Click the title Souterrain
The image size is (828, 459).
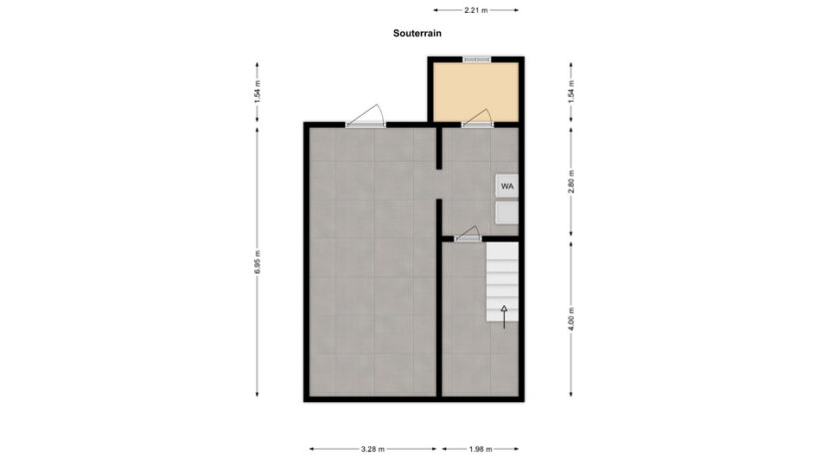[x=416, y=33]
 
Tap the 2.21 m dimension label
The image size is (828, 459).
[x=476, y=10]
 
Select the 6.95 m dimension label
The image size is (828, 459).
[x=257, y=261]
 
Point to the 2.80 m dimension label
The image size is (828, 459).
[x=571, y=182]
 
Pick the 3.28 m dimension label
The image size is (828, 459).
[x=373, y=448]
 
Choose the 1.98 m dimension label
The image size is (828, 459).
[x=481, y=448]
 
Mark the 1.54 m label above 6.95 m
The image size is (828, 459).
[x=257, y=93]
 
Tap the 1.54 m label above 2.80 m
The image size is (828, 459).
[x=571, y=93]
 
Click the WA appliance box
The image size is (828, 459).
[x=507, y=186]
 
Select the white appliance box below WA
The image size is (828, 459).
[x=507, y=213]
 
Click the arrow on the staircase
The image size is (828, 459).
[x=504, y=315]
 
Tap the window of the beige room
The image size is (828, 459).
[x=477, y=60]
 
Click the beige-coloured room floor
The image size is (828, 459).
[x=476, y=91]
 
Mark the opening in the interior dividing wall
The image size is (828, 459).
[x=439, y=185]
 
